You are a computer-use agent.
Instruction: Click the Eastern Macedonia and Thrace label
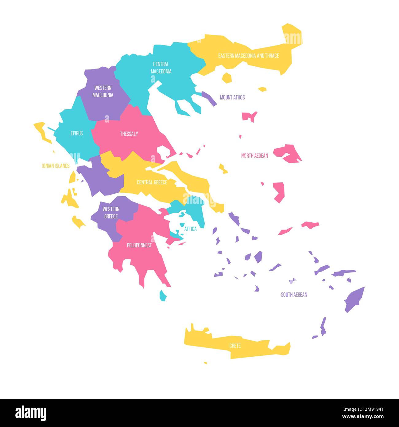[x=249, y=56]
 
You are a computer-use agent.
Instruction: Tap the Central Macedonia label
[x=161, y=68]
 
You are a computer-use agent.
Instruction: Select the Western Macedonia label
[x=103, y=92]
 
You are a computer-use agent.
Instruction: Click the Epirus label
[x=76, y=133]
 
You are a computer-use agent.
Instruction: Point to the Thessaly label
[x=129, y=134]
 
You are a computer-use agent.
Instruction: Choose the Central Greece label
[x=152, y=182]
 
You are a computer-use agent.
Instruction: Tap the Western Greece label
[x=111, y=213]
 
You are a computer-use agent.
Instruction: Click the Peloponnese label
[x=139, y=245]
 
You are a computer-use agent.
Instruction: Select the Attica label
[x=190, y=229]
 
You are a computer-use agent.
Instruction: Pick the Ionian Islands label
[x=56, y=166]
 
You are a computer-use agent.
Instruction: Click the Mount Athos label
[x=232, y=97]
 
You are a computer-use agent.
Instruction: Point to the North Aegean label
[x=254, y=156]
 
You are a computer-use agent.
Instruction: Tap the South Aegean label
[x=294, y=295]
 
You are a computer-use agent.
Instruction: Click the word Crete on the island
[x=235, y=346]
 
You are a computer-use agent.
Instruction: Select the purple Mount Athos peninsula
[x=209, y=98]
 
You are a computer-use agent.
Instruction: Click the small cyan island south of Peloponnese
[x=163, y=296]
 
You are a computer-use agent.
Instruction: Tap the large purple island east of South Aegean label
[x=354, y=300]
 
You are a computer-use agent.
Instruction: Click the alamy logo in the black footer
[x=31, y=413]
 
